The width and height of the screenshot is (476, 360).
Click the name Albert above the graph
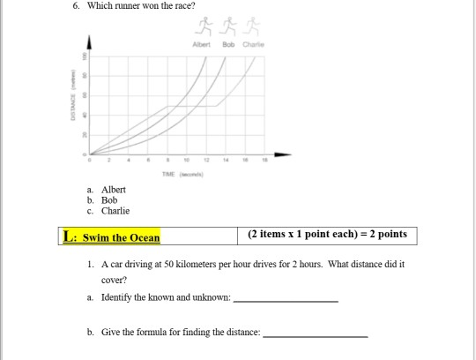pos(202,41)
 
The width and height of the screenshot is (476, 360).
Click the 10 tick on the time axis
pos(186,161)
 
